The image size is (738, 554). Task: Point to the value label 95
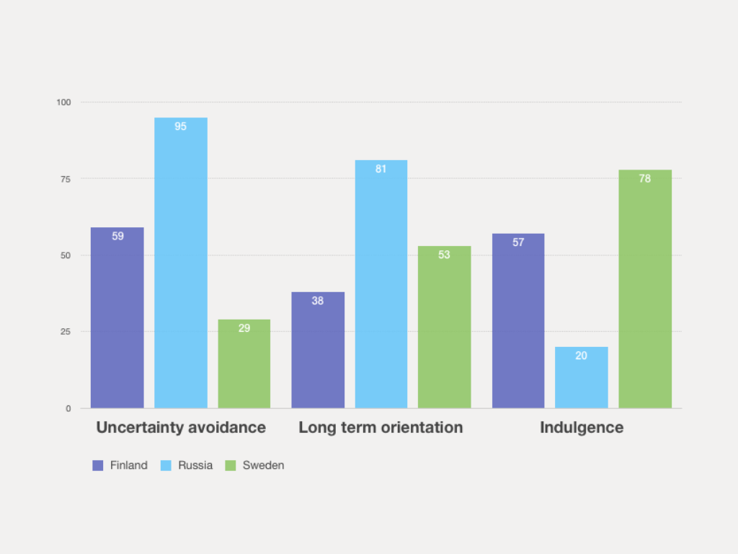181,126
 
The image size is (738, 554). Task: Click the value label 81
381,169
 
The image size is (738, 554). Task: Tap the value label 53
444,255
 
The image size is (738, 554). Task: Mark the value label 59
117,236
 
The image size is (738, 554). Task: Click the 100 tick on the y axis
64,102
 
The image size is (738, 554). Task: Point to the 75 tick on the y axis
66,179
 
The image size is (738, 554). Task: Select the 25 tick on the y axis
66,332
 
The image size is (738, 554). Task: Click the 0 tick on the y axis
68,408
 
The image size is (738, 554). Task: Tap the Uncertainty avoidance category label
181,427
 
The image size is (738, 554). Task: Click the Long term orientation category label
381,427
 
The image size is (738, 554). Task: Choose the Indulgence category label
582,427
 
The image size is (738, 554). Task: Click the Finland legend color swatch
98,465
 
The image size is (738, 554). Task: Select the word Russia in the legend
195,465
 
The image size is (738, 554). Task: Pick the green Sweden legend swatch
231,465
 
